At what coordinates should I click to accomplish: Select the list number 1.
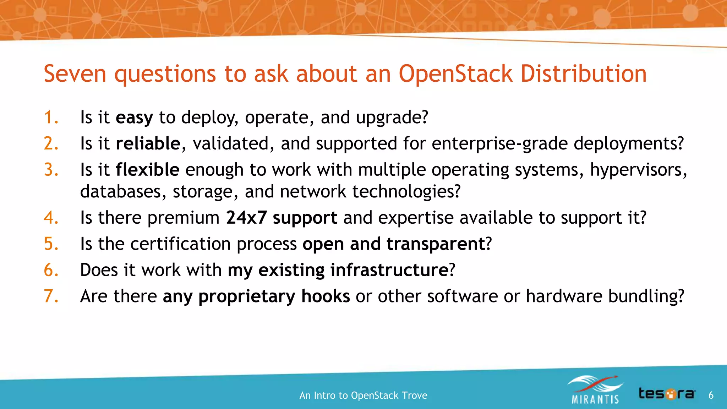[51, 118]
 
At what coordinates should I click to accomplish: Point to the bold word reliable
[148, 144]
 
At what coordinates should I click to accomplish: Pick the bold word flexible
[147, 170]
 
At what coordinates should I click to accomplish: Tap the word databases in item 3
[121, 192]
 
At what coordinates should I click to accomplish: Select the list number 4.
[51, 218]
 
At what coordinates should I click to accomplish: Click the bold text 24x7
[246, 218]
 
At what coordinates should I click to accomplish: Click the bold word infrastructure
[389, 270]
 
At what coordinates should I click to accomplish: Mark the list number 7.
[51, 296]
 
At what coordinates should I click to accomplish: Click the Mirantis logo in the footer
[595, 390]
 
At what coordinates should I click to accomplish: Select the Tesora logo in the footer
[667, 394]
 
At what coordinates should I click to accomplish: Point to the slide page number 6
[711, 395]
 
